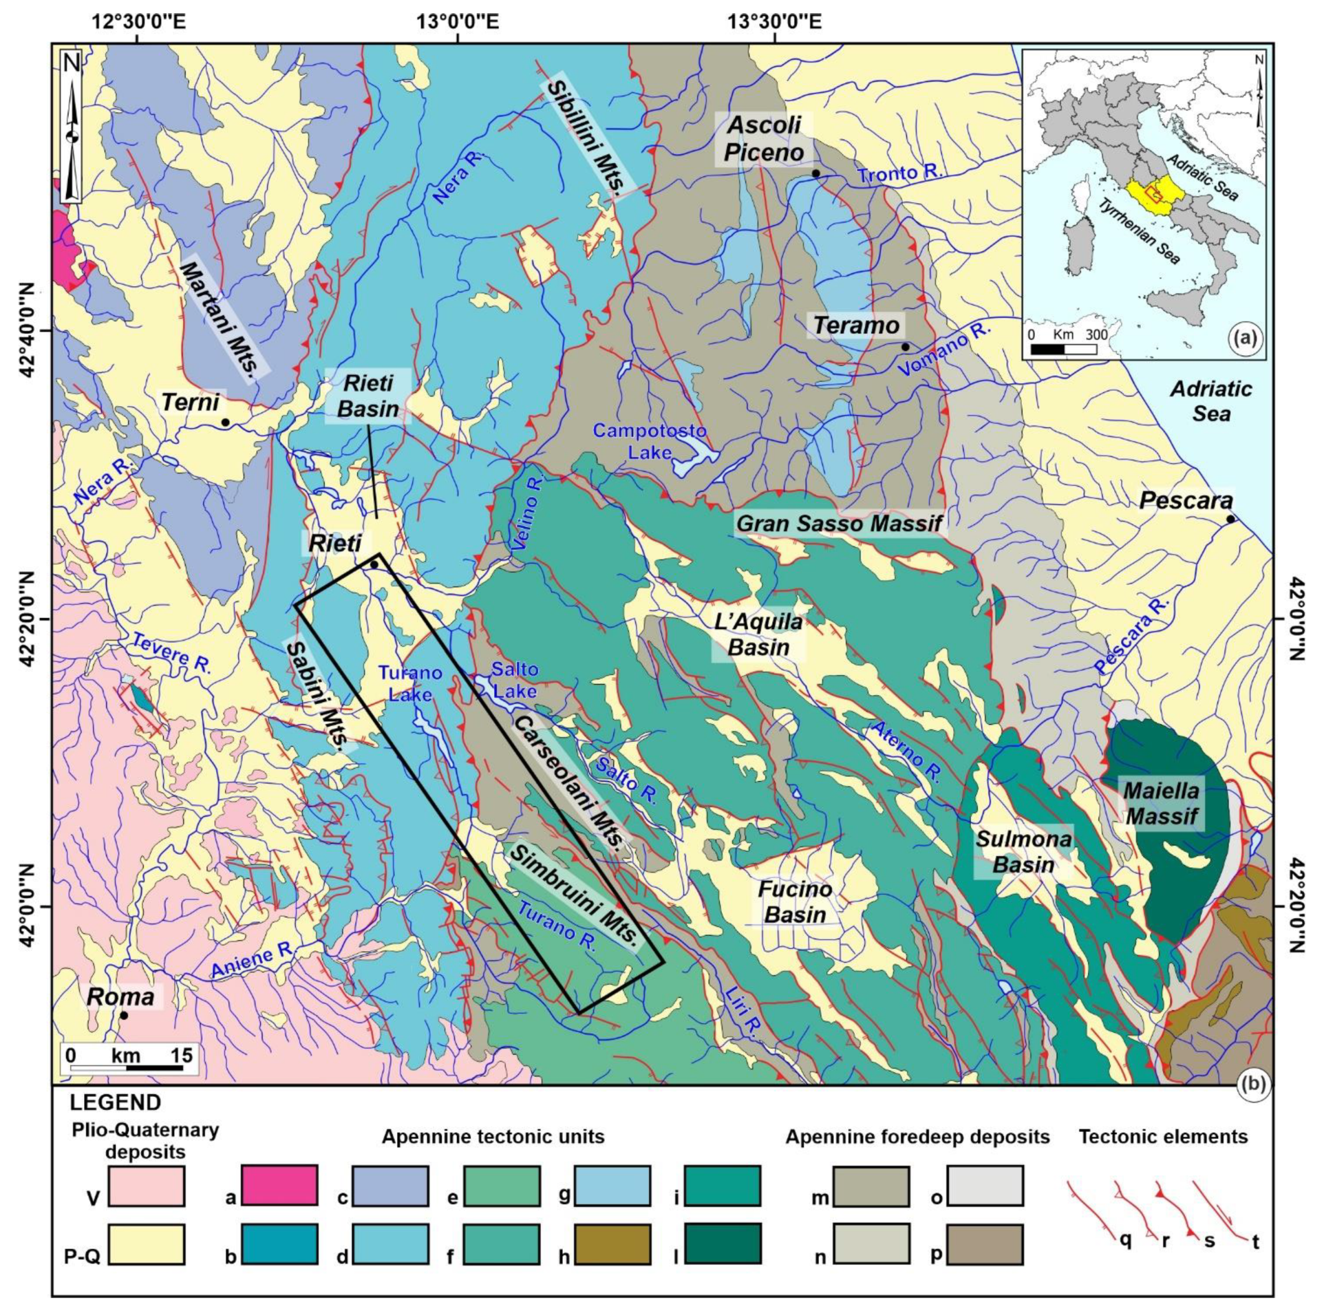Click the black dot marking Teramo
tap(906, 347)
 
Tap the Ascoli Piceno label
tap(764, 139)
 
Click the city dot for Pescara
tap(1231, 519)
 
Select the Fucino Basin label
tap(795, 902)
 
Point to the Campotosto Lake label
tap(649, 440)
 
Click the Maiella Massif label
tap(1161, 804)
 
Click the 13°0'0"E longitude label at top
tap(457, 22)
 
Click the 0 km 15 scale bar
tap(128, 1059)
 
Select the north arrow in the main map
tap(71, 128)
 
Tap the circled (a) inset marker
tap(1244, 339)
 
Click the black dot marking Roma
tap(123, 1015)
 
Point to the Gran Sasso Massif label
tap(839, 524)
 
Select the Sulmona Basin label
tap(1024, 852)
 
